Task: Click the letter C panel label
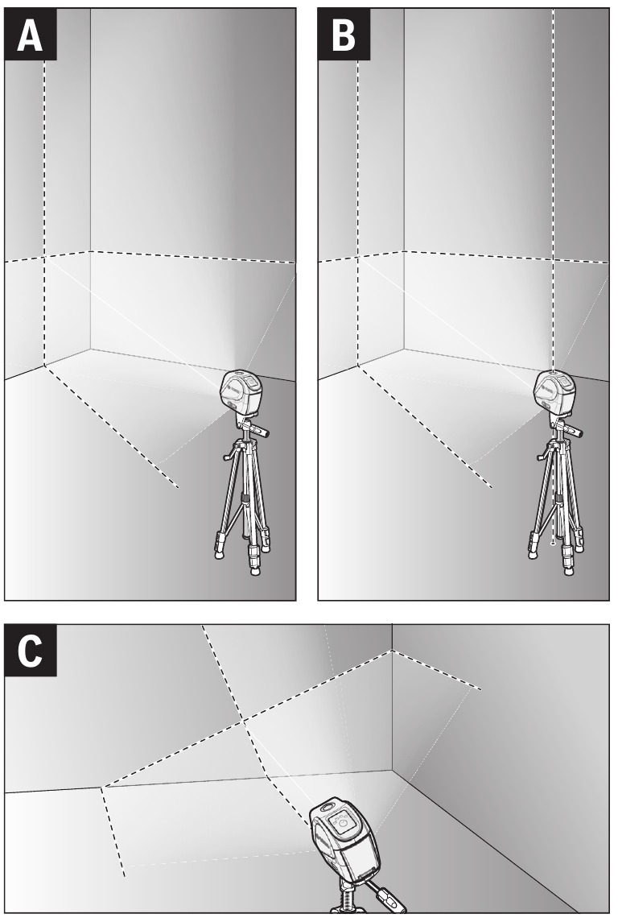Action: tap(31, 651)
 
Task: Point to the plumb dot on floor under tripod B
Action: tap(553, 544)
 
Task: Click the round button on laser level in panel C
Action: tap(343, 825)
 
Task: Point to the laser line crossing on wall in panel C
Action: tap(242, 721)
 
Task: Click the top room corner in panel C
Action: tap(392, 651)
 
